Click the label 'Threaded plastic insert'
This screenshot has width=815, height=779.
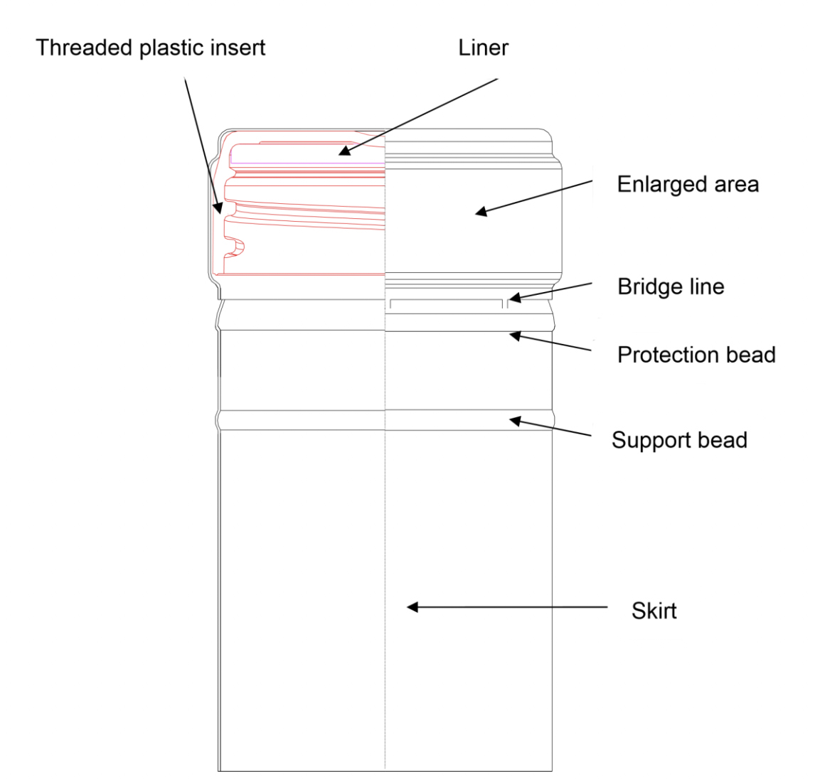150,48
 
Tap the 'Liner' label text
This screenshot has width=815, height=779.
484,48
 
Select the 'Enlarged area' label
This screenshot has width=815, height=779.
688,185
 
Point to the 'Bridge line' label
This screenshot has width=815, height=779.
671,287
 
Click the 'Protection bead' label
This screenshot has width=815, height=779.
696,355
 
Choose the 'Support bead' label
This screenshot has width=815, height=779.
679,441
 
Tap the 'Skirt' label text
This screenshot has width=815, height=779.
654,611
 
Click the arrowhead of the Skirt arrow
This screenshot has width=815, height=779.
412,607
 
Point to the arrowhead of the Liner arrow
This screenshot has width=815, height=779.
343,151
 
